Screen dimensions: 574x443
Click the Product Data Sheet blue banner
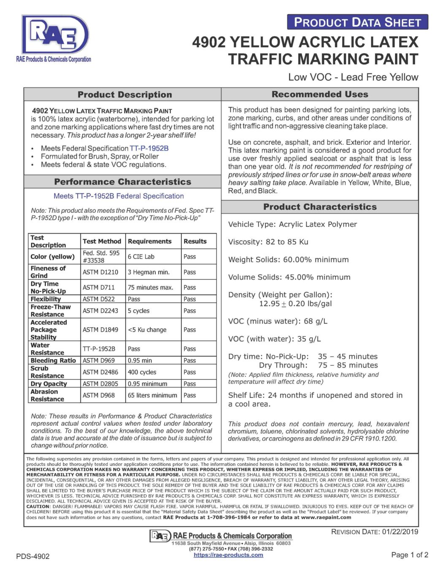tap(357, 22)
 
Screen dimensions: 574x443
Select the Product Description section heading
tap(124, 95)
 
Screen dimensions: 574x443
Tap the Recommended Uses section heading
tap(320, 94)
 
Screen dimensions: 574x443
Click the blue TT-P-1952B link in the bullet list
tap(149, 148)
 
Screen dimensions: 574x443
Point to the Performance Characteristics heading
tap(122, 182)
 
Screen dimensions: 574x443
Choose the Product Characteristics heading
tap(320, 207)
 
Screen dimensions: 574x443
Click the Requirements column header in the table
tap(150, 242)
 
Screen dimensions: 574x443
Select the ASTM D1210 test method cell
tap(100, 272)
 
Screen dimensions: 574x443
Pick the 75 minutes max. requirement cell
tap(151, 288)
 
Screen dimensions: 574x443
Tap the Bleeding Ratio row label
tap(53, 361)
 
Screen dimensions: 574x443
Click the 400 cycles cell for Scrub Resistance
tap(142, 372)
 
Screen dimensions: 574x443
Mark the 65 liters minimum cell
tap(152, 395)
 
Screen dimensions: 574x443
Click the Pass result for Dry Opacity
tap(189, 384)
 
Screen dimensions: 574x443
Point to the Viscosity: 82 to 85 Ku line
tap(268, 242)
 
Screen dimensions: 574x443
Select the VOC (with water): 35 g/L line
tap(274, 339)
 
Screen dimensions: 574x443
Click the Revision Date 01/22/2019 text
tap(375, 532)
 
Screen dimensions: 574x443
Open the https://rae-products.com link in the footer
tap(228, 555)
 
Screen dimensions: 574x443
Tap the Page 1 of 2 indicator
tap(410, 555)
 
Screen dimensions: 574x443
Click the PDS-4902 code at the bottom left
tap(33, 556)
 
